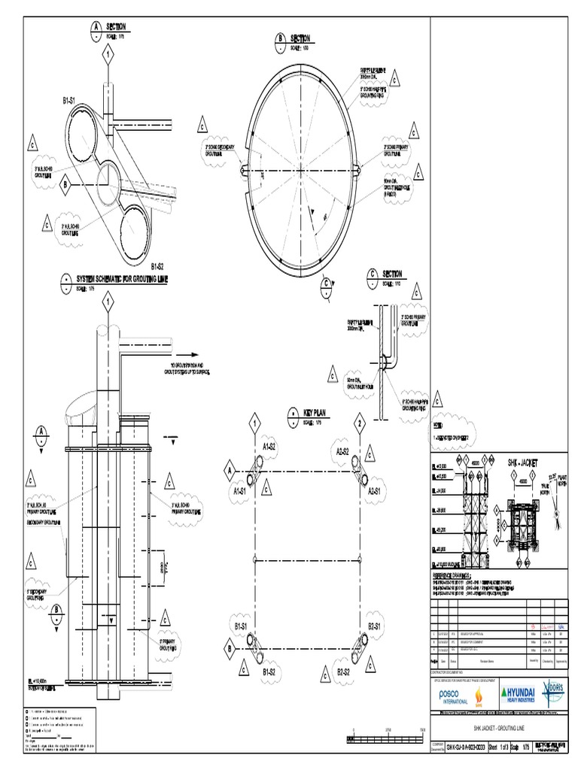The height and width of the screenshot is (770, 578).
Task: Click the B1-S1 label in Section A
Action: point(74,99)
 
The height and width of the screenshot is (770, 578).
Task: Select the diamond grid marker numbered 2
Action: point(360,425)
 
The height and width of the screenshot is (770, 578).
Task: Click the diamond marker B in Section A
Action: point(65,183)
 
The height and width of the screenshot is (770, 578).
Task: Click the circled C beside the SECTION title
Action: point(371,274)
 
